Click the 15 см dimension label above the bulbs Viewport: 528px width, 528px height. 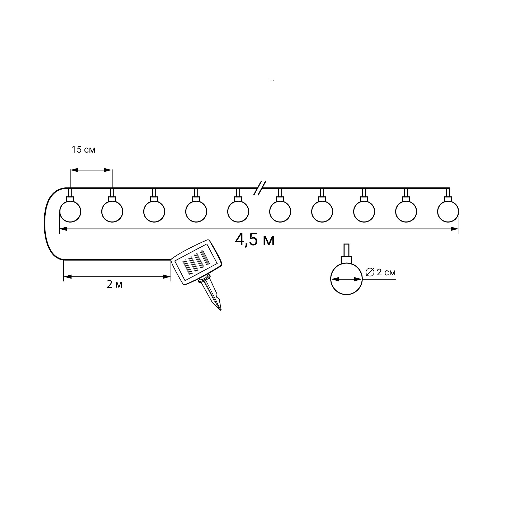(83, 149)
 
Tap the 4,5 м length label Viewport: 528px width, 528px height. (255, 240)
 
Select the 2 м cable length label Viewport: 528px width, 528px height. (115, 285)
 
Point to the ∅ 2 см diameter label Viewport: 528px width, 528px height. (380, 272)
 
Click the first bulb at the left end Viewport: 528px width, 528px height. (70, 211)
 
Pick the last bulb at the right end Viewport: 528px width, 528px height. (448, 211)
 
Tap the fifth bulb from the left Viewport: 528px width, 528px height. (238, 211)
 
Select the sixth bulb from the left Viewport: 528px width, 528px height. (280, 211)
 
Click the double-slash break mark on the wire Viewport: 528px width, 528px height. (260, 188)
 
